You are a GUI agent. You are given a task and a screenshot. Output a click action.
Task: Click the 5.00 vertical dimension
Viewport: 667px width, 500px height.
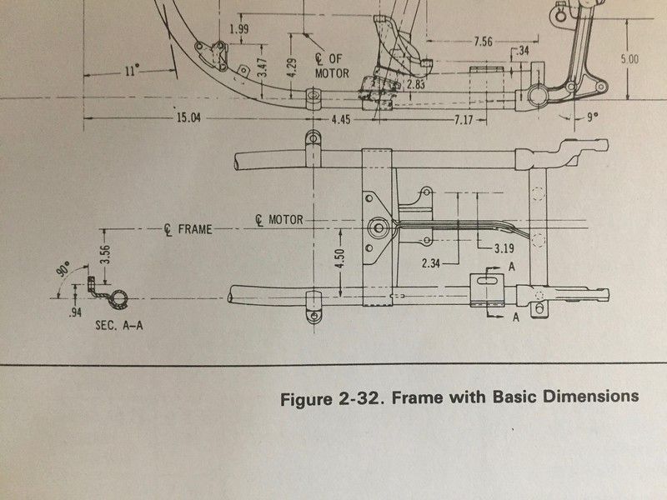coord(629,59)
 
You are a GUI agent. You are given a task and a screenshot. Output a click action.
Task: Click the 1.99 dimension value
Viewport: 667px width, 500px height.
coord(238,30)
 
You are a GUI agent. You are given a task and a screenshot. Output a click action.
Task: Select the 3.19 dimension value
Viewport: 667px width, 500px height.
coord(503,248)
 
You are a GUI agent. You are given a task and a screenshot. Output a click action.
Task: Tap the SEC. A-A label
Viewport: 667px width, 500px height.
coord(118,326)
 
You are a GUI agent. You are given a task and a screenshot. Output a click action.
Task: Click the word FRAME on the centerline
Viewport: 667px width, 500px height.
coord(194,229)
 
